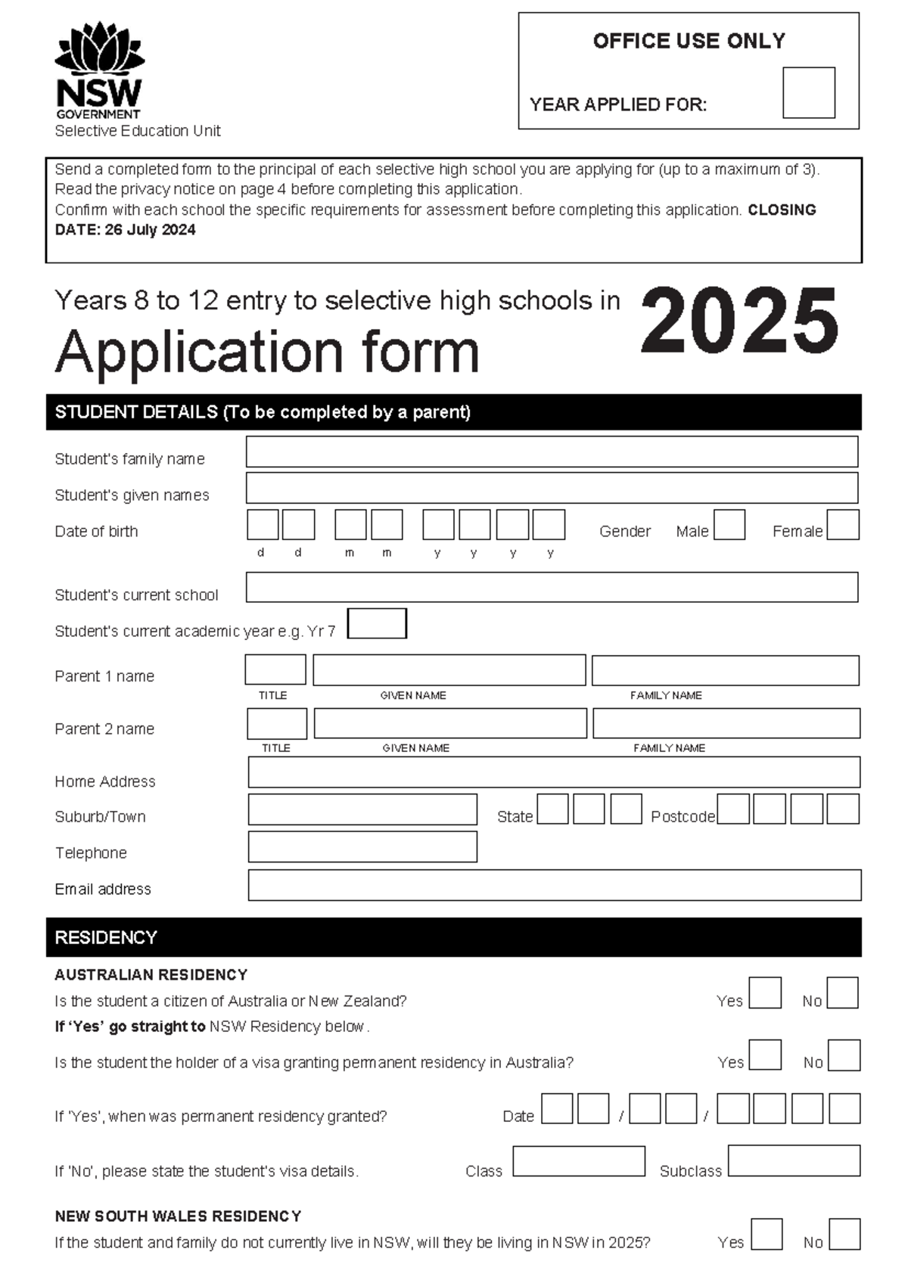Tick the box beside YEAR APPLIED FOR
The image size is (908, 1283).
808,93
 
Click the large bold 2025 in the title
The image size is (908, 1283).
739,322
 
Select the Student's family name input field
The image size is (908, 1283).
552,452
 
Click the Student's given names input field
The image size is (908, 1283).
552,488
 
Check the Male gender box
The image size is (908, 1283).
729,525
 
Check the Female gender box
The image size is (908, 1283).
842,525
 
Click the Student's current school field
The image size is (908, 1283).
552,587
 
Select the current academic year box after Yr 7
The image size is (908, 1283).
377,623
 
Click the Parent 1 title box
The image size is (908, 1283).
275,670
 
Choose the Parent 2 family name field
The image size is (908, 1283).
726,723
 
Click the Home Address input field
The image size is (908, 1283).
554,772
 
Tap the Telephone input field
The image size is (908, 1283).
362,847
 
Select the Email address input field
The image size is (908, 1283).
554,885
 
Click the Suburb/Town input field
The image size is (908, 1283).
362,809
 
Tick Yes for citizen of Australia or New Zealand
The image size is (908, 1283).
764,993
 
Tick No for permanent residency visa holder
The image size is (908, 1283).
844,1055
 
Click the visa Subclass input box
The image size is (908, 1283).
794,1160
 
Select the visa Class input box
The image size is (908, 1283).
579,1161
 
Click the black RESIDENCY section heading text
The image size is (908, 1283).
106,937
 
